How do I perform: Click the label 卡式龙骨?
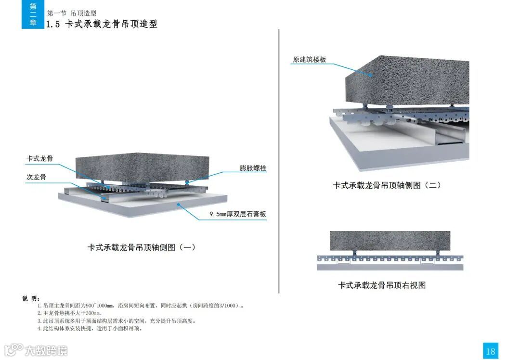[39, 158]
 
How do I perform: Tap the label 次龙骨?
[36, 177]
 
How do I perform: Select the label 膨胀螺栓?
[253, 168]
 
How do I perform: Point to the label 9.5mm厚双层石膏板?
[237, 215]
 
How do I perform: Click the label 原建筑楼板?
[309, 60]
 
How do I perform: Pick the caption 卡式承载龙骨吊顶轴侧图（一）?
[141, 247]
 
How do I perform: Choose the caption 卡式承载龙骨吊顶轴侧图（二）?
[387, 185]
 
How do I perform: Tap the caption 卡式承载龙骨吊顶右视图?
[382, 285]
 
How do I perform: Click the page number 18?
[490, 351]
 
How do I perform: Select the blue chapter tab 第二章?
[33, 14]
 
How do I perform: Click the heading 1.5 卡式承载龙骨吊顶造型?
[102, 24]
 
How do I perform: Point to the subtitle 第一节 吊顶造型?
[72, 13]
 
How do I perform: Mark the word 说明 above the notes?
[31, 298]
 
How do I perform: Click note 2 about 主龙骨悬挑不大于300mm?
[69, 313]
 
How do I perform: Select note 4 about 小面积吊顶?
[90, 329]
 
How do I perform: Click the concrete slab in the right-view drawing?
[390, 241]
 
